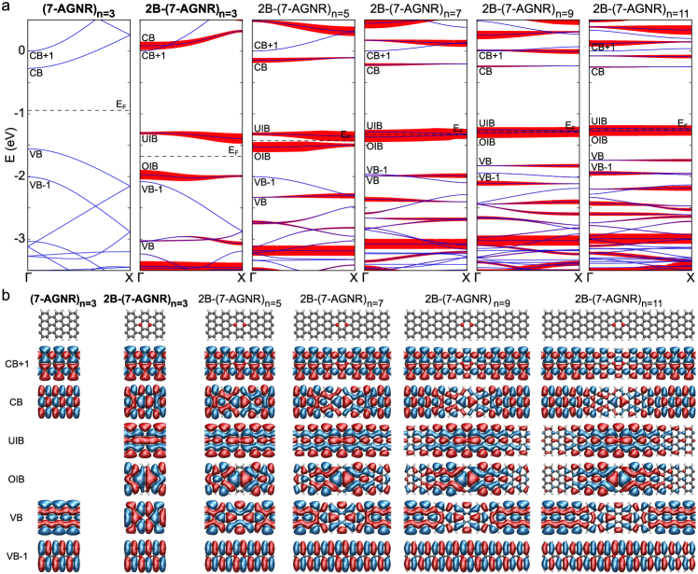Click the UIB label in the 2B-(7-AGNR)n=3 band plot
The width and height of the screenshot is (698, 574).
(149, 138)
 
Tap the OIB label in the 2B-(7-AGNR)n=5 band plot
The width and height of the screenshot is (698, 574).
(263, 157)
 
